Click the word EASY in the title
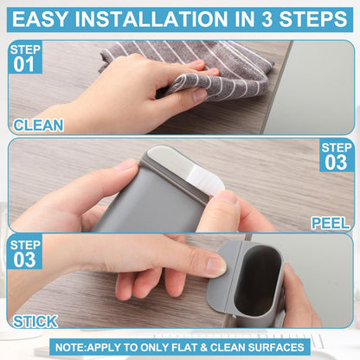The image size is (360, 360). tap(40, 19)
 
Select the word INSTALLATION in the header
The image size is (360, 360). tap(151, 19)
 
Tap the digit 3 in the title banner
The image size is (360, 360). tap(267, 19)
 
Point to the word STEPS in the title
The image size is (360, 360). tap(313, 19)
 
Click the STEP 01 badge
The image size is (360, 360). tap(25, 58)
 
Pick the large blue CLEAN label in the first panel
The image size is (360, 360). tap(38, 125)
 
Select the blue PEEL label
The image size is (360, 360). tap(331, 223)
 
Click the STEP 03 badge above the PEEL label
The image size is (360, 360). tap(337, 156)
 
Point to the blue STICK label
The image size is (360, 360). tap(35, 321)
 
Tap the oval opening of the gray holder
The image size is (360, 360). tap(257, 280)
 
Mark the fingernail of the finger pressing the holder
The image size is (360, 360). tap(215, 267)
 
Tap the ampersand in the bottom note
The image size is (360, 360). tap(204, 347)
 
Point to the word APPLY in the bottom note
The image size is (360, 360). tap(104, 347)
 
